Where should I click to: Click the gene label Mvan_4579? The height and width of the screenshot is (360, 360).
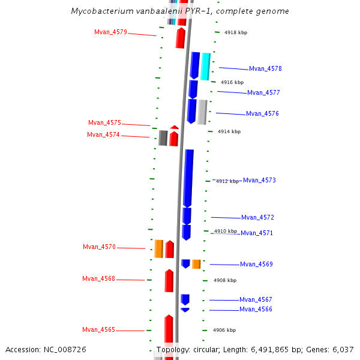(x=110, y=32)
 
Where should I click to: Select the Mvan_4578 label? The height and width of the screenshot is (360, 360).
(x=265, y=69)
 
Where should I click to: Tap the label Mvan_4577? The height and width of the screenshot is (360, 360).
(x=263, y=93)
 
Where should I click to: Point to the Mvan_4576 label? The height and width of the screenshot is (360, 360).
(x=262, y=114)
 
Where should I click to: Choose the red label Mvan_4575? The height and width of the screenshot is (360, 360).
(x=104, y=123)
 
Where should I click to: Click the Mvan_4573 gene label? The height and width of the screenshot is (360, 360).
(x=259, y=181)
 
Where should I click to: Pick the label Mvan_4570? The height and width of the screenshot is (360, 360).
(x=99, y=247)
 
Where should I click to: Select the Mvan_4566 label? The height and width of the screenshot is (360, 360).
(x=256, y=310)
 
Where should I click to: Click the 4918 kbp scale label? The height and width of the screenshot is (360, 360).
(x=235, y=32)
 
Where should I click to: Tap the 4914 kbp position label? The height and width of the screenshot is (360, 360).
(x=229, y=131)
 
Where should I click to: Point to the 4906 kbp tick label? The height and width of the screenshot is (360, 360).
(x=224, y=330)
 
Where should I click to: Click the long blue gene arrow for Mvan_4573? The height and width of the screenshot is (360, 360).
(x=188, y=178)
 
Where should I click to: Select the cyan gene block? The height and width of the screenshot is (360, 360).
(x=205, y=66)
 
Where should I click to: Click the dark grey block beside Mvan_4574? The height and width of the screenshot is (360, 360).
(x=163, y=138)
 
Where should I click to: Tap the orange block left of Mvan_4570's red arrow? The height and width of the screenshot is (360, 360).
(x=159, y=248)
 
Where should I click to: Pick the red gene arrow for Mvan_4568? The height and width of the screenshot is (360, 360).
(x=169, y=281)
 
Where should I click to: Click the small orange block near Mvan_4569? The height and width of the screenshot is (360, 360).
(x=196, y=264)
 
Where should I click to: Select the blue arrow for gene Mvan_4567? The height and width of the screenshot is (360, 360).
(x=185, y=299)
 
